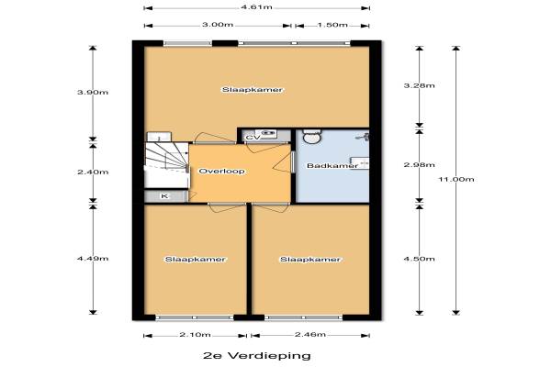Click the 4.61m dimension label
tap(256, 7)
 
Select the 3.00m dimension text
tap(218, 25)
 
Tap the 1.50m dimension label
tap(332, 25)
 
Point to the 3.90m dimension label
tap(93, 93)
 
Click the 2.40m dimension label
tap(93, 172)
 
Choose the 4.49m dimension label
tap(93, 259)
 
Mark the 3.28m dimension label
tap(420, 85)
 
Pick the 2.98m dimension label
tap(420, 165)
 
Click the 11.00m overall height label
tap(456, 179)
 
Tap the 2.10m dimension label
tap(195, 334)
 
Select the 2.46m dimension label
tap(310, 334)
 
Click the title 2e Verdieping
tap(257, 355)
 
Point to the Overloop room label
tap(221, 172)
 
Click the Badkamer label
tap(332, 165)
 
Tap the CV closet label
tap(253, 138)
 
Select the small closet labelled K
tap(165, 196)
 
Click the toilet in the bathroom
tap(312, 137)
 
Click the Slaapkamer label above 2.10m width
tap(195, 260)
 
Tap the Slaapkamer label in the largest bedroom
tap(252, 90)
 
